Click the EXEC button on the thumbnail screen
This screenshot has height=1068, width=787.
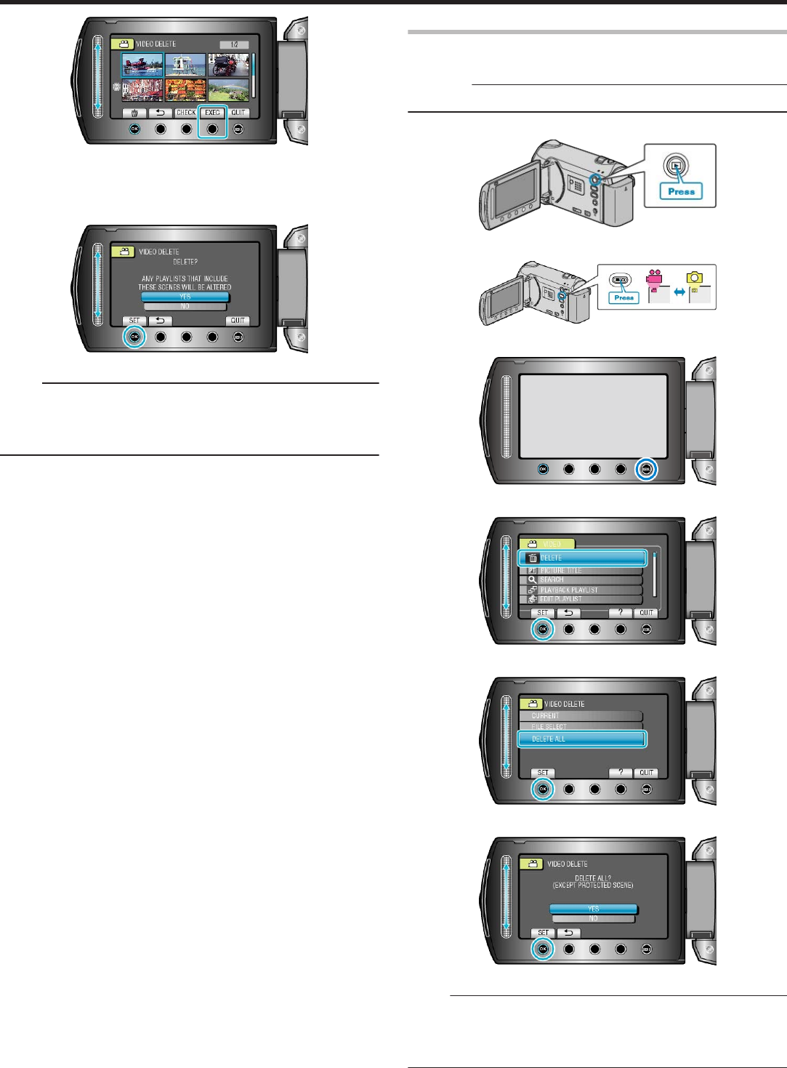click(x=212, y=113)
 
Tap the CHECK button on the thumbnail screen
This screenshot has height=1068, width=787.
click(x=186, y=113)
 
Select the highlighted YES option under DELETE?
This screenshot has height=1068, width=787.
click(x=185, y=297)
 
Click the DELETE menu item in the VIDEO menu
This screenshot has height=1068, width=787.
click(x=581, y=558)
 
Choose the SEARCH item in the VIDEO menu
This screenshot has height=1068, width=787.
click(x=581, y=580)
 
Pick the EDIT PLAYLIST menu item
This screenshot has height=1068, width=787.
click(x=581, y=599)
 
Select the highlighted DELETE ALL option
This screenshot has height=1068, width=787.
click(x=581, y=739)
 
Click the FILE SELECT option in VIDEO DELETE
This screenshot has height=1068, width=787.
click(x=581, y=726)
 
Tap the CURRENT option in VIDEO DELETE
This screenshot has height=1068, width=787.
click(x=581, y=715)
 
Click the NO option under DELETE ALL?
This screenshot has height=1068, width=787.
click(x=593, y=919)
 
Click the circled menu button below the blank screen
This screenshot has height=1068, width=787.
click(x=646, y=470)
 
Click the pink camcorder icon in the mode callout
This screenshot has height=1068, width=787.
click(x=655, y=278)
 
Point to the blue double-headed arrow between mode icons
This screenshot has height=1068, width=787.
click(x=679, y=292)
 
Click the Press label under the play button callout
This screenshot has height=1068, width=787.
click(x=681, y=192)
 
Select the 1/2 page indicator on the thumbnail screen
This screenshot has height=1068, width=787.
click(x=234, y=44)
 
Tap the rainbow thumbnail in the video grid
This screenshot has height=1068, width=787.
click(x=228, y=90)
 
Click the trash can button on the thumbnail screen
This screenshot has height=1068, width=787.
click(x=134, y=113)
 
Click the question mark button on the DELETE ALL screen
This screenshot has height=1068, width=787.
click(x=620, y=773)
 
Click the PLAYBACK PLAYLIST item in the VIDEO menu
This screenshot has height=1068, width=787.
click(x=581, y=590)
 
